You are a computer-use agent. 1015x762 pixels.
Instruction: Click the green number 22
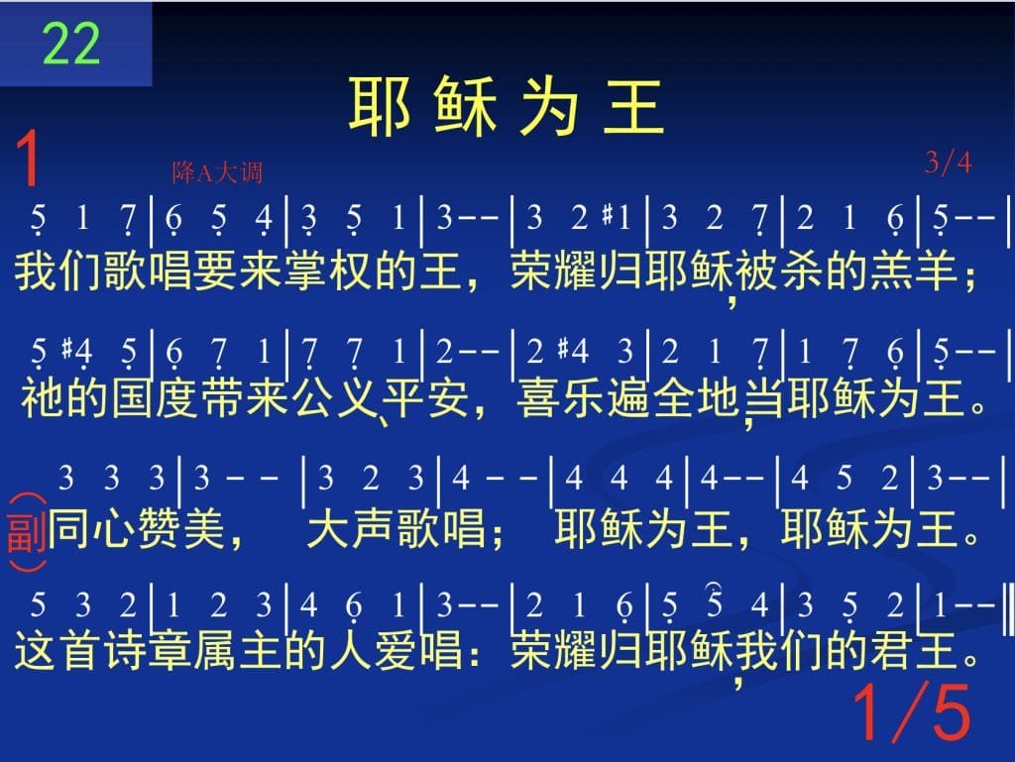tap(71, 44)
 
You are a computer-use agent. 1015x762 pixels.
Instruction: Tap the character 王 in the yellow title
tap(633, 105)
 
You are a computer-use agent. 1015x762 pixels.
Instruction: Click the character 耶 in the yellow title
tap(380, 105)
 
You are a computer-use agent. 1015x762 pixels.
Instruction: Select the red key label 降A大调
tap(217, 172)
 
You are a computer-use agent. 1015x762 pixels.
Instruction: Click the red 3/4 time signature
tap(949, 163)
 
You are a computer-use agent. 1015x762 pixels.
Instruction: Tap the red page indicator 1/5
tap(912, 711)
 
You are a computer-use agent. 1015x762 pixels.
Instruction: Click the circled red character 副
tap(27, 532)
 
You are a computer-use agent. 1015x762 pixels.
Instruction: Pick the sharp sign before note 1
tap(608, 214)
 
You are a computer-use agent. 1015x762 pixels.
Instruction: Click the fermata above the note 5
tap(714, 586)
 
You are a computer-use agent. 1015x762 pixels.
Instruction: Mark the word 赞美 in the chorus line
tap(182, 528)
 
